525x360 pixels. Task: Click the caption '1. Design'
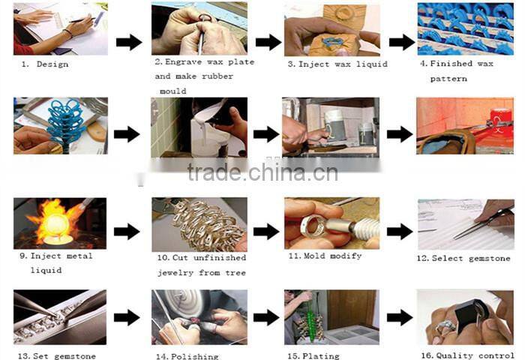tap(45, 64)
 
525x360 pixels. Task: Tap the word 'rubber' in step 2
tap(217, 76)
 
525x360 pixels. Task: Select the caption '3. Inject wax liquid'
tap(337, 64)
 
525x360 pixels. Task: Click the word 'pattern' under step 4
tap(448, 79)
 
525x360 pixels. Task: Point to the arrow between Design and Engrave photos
tap(129, 42)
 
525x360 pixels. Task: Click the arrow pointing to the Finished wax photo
tap(402, 42)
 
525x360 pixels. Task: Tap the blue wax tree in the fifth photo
tap(65, 125)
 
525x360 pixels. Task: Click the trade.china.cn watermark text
tap(262, 172)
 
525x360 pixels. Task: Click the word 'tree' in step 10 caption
tap(235, 273)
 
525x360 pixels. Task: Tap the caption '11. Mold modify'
tap(325, 256)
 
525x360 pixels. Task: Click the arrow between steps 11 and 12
tap(400, 232)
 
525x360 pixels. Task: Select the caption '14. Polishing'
tap(187, 356)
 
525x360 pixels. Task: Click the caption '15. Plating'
tap(313, 356)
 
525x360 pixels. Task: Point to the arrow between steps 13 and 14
tap(127, 317)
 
